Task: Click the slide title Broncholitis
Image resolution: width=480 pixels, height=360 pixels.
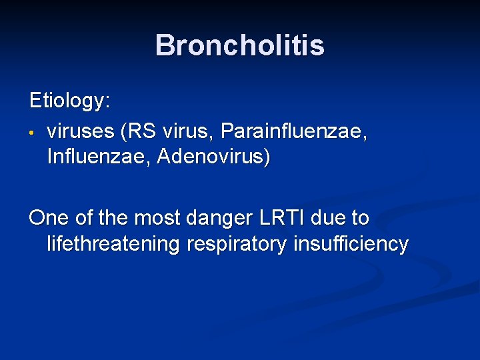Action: pos(239,45)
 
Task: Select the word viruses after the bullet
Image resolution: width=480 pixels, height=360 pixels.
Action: pos(81,131)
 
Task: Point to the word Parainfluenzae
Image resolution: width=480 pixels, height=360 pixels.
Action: pos(293,131)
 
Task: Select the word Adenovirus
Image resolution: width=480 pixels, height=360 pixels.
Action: pos(214,158)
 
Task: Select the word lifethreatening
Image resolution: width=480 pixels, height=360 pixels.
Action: pos(113,245)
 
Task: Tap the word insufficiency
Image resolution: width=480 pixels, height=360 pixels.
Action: pos(350,245)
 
